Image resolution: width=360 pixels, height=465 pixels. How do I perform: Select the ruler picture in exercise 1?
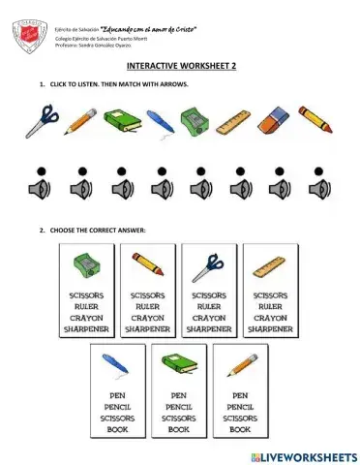pyautogui.click(x=232, y=122)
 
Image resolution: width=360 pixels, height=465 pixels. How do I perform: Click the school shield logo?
pyautogui.click(x=28, y=37)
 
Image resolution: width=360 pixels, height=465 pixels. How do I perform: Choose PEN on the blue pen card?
pyautogui.click(x=118, y=395)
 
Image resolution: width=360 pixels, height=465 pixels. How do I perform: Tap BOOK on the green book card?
pyautogui.click(x=179, y=429)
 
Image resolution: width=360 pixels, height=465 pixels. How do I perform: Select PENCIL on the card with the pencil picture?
pyautogui.click(x=239, y=407)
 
